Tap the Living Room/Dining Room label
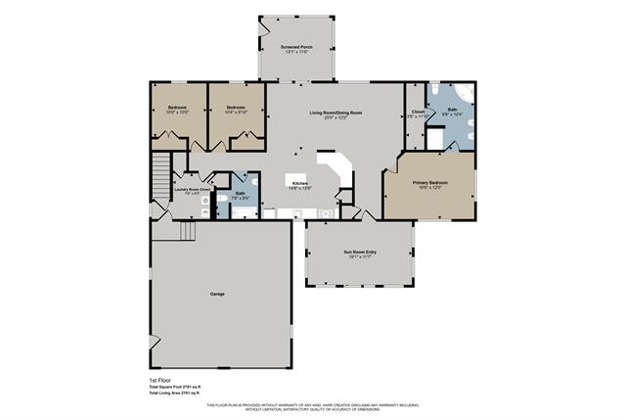click(336, 115)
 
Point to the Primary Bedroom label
click(430, 182)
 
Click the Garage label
click(219, 294)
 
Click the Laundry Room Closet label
click(193, 190)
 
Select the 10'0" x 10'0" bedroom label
click(177, 107)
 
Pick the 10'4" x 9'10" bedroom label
click(236, 107)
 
